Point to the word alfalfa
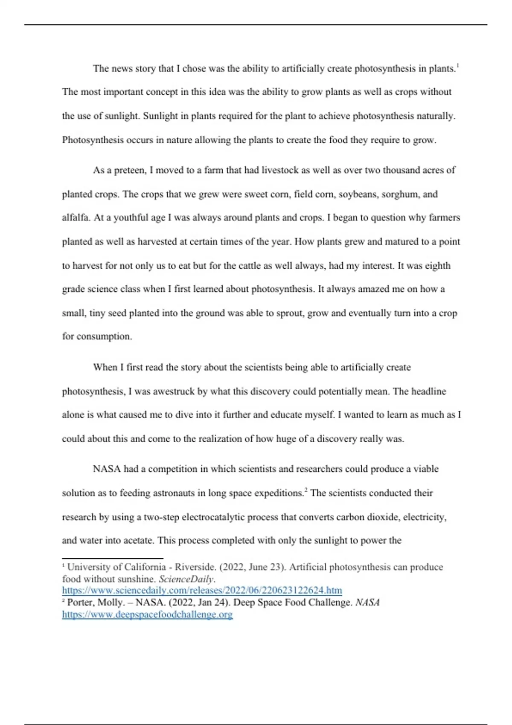pos(76,217)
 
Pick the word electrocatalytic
pos(215,517)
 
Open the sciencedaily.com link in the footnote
pos(202,591)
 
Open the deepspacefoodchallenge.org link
pos(147,615)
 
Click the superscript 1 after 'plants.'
pos(457,66)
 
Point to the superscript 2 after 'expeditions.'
pos(306,490)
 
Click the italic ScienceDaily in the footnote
pos(186,579)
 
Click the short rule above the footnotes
pos(113,558)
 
